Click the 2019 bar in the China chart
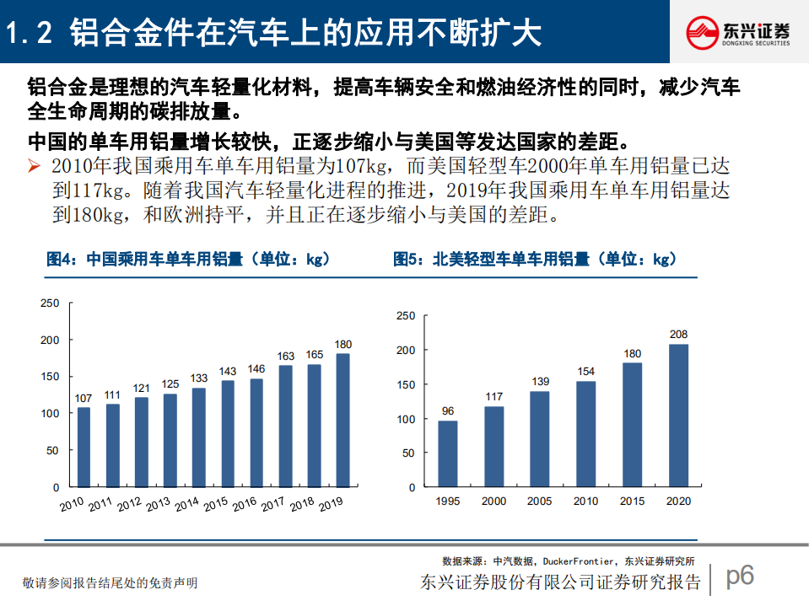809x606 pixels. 342,420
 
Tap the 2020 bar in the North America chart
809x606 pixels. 678,416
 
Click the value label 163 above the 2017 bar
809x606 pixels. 285,357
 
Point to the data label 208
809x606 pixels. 678,335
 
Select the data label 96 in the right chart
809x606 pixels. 448,411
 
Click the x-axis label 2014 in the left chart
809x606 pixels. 187,505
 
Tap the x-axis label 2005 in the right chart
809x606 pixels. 540,501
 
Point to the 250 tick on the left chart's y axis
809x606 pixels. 50,303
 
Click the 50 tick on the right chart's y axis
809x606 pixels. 408,453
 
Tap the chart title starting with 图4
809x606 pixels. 187,260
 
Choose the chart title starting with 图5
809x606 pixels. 535,260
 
